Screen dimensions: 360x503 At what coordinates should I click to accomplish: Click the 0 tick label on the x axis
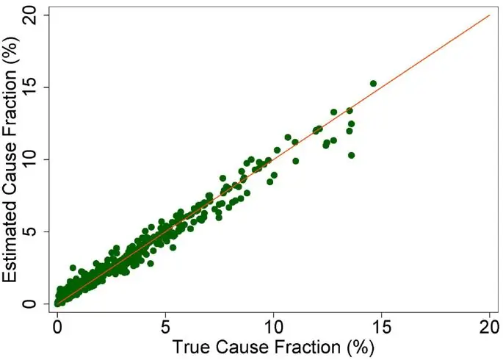(57, 324)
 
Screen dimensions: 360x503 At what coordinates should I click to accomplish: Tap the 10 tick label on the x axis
(274, 324)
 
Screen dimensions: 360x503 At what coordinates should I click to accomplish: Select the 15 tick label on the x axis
(382, 324)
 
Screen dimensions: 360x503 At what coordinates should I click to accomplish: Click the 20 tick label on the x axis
(490, 324)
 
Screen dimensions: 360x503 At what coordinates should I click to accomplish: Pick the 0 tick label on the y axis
(30, 303)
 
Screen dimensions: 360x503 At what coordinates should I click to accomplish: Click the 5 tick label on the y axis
(30, 231)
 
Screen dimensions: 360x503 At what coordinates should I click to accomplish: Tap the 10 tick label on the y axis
(30, 159)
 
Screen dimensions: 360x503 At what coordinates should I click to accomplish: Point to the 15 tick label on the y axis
(30, 87)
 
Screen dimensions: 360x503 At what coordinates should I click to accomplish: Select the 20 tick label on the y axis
(30, 15)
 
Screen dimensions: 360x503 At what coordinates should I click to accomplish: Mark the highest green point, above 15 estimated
(373, 84)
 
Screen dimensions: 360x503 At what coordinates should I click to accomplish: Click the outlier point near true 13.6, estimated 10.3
(352, 155)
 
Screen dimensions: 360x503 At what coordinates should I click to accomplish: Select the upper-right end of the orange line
(490, 15)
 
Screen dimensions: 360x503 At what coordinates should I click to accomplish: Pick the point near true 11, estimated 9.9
(296, 161)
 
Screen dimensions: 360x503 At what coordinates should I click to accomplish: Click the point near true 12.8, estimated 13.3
(334, 112)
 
